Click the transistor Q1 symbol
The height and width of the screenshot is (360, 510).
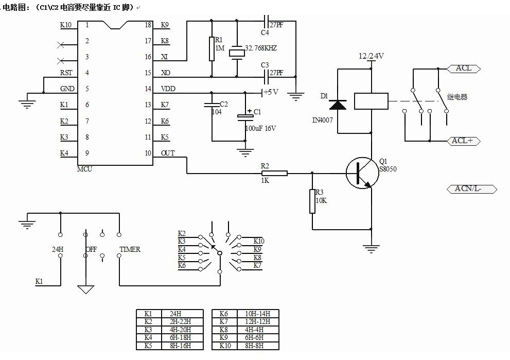(x=361, y=173)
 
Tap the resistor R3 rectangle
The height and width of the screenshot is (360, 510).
(x=312, y=201)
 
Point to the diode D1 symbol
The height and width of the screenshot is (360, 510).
(x=338, y=104)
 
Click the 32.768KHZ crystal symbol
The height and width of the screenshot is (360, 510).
(x=237, y=52)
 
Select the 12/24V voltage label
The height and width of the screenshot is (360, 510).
(x=372, y=56)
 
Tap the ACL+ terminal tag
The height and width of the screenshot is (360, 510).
(x=462, y=141)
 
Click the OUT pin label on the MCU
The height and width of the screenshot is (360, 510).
(x=168, y=153)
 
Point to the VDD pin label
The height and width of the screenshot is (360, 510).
(x=168, y=89)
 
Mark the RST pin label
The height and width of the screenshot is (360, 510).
(x=66, y=73)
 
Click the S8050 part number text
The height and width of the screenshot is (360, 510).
(x=388, y=168)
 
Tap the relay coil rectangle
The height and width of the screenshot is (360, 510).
(x=371, y=100)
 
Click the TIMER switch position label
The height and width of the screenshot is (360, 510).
(x=130, y=249)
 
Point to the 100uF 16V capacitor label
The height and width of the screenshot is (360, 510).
(x=260, y=128)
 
